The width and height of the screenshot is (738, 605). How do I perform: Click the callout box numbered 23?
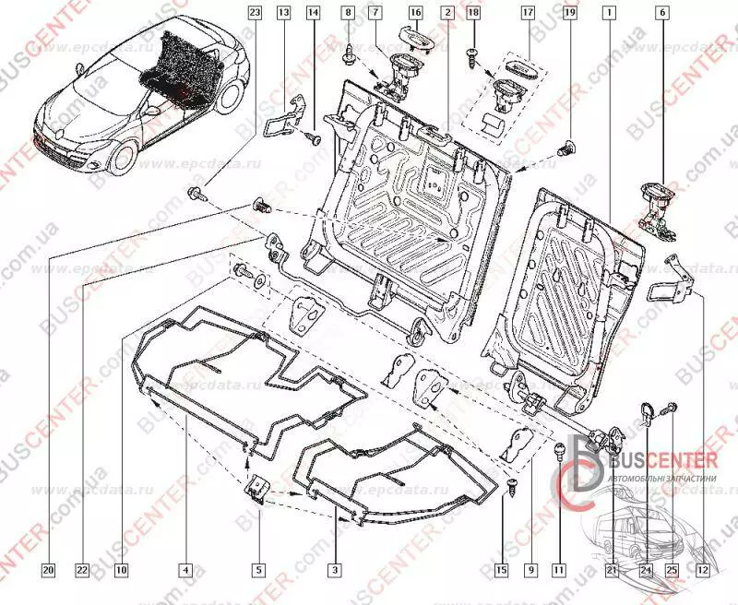[x=256, y=14]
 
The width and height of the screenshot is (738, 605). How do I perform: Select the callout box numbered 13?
[x=284, y=14]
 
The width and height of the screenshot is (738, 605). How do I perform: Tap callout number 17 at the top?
[x=528, y=14]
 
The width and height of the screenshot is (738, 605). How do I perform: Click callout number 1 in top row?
[x=608, y=14]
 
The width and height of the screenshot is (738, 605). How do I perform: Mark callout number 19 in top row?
[x=570, y=14]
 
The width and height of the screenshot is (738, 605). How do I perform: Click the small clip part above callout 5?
[x=259, y=489]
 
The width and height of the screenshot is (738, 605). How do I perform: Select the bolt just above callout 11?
[x=558, y=452]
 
